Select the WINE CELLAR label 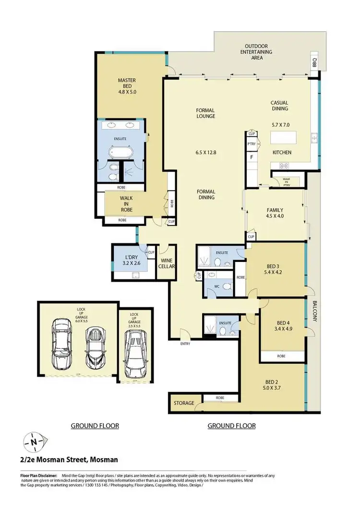pos(167,263)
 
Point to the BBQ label pos(315,62)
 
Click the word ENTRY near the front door pos(185,343)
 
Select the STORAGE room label pos(184,403)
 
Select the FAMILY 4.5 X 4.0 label pos(275,213)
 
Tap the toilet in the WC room pos(227,287)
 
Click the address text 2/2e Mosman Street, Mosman pos(63,460)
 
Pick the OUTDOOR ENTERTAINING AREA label pos(257,52)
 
